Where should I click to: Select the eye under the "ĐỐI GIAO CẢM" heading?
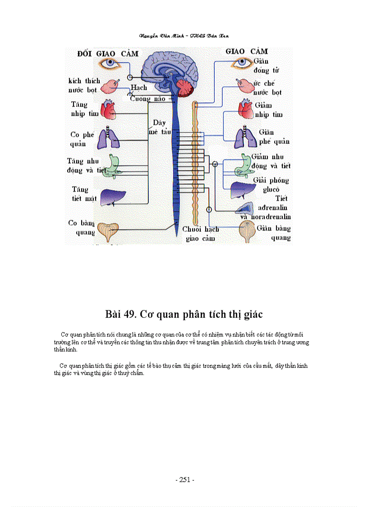(x=110, y=64)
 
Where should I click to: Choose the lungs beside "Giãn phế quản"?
(x=245, y=137)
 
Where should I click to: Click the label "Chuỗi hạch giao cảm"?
(x=201, y=234)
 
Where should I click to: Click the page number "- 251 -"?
(x=184, y=480)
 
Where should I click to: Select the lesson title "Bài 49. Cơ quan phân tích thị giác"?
(x=184, y=314)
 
